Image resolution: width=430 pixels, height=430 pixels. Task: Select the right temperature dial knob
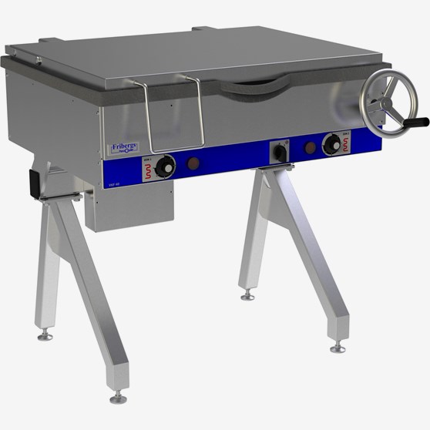tap(333, 143)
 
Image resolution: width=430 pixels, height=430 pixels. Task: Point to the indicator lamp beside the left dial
tap(193, 163)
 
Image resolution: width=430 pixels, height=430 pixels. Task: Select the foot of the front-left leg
tap(118, 397)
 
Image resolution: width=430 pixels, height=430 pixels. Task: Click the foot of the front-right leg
tap(338, 348)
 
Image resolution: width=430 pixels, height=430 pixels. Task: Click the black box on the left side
tap(35, 182)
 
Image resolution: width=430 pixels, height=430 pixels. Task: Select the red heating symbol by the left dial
tap(142, 170)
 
